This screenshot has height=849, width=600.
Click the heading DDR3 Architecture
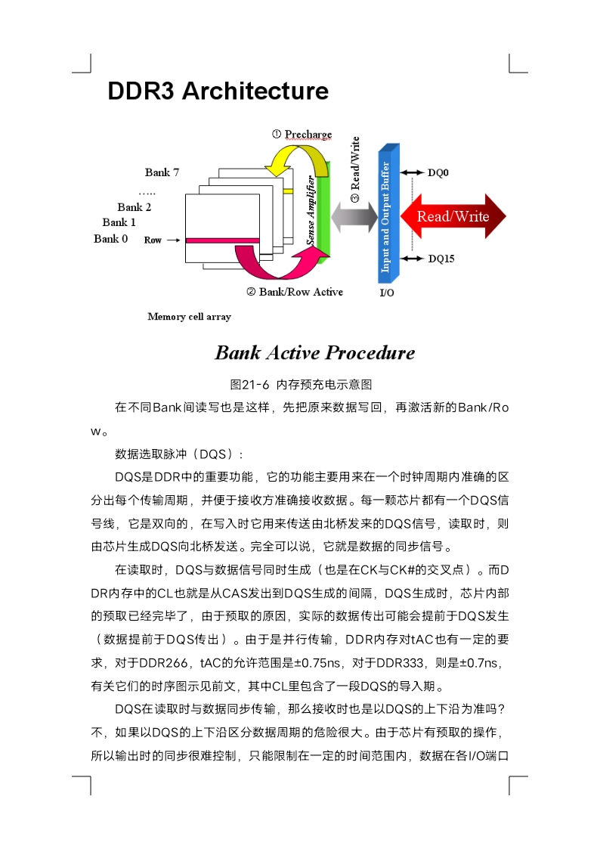[x=218, y=91]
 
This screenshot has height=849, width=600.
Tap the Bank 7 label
[x=162, y=172]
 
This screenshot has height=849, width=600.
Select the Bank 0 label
[x=110, y=239]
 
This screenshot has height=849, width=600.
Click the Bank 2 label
[x=135, y=207]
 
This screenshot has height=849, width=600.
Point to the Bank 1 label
[x=119, y=222]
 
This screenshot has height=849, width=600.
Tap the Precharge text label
[x=308, y=135]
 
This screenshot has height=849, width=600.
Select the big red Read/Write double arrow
[x=453, y=216]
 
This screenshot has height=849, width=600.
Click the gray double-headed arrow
[x=354, y=217]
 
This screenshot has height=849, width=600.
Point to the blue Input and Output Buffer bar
[x=388, y=214]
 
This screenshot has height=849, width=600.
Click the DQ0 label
[x=438, y=172]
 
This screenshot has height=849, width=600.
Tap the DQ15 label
[x=441, y=259]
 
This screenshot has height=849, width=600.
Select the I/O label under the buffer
[x=387, y=293]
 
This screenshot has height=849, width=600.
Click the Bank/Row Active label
[x=301, y=292]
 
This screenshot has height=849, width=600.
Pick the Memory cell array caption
[x=190, y=317]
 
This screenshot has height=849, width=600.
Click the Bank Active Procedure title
[x=315, y=353]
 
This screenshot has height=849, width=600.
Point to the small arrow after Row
[x=173, y=240]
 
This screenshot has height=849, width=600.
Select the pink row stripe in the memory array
[x=222, y=240]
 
